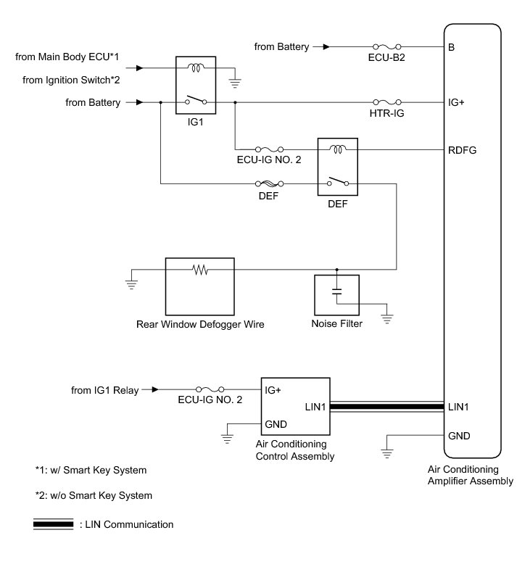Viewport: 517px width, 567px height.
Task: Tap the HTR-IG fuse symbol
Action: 386,103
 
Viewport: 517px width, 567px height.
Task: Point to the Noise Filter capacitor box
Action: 336,294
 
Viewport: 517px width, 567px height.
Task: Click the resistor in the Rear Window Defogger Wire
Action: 199,270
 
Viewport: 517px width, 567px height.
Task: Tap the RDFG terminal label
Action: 461,151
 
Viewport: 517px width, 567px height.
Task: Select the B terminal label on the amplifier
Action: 452,48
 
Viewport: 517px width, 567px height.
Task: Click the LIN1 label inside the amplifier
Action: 458,407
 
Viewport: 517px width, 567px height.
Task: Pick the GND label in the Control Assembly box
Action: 276,424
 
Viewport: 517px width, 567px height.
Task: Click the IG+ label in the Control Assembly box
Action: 273,389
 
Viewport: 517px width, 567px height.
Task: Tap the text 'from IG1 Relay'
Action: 104,390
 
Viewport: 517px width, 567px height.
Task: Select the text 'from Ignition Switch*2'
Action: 71,80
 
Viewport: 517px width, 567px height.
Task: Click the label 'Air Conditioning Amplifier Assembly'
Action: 471,475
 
